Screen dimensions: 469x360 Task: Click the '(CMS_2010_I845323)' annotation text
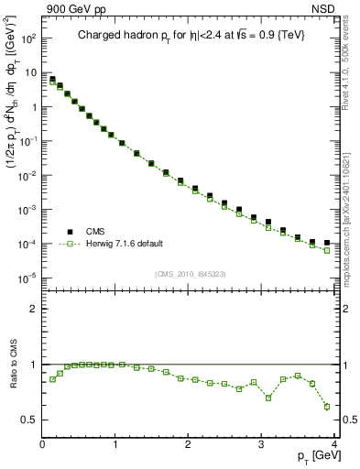pos(190,273)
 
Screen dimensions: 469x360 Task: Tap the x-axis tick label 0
pos(42,444)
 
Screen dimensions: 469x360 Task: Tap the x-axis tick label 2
pos(188,444)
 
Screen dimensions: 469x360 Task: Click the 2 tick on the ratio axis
pos(33,309)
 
